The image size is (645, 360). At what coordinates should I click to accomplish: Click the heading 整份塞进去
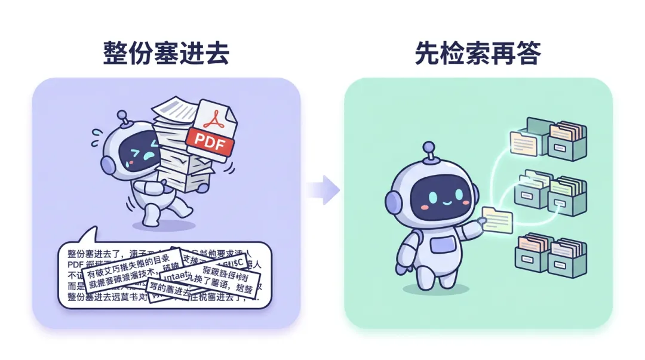click(166, 53)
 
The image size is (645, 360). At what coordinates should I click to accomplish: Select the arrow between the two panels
click(324, 190)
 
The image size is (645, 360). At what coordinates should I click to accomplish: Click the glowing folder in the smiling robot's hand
click(497, 220)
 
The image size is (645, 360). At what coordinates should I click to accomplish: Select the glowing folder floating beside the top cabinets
click(524, 143)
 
